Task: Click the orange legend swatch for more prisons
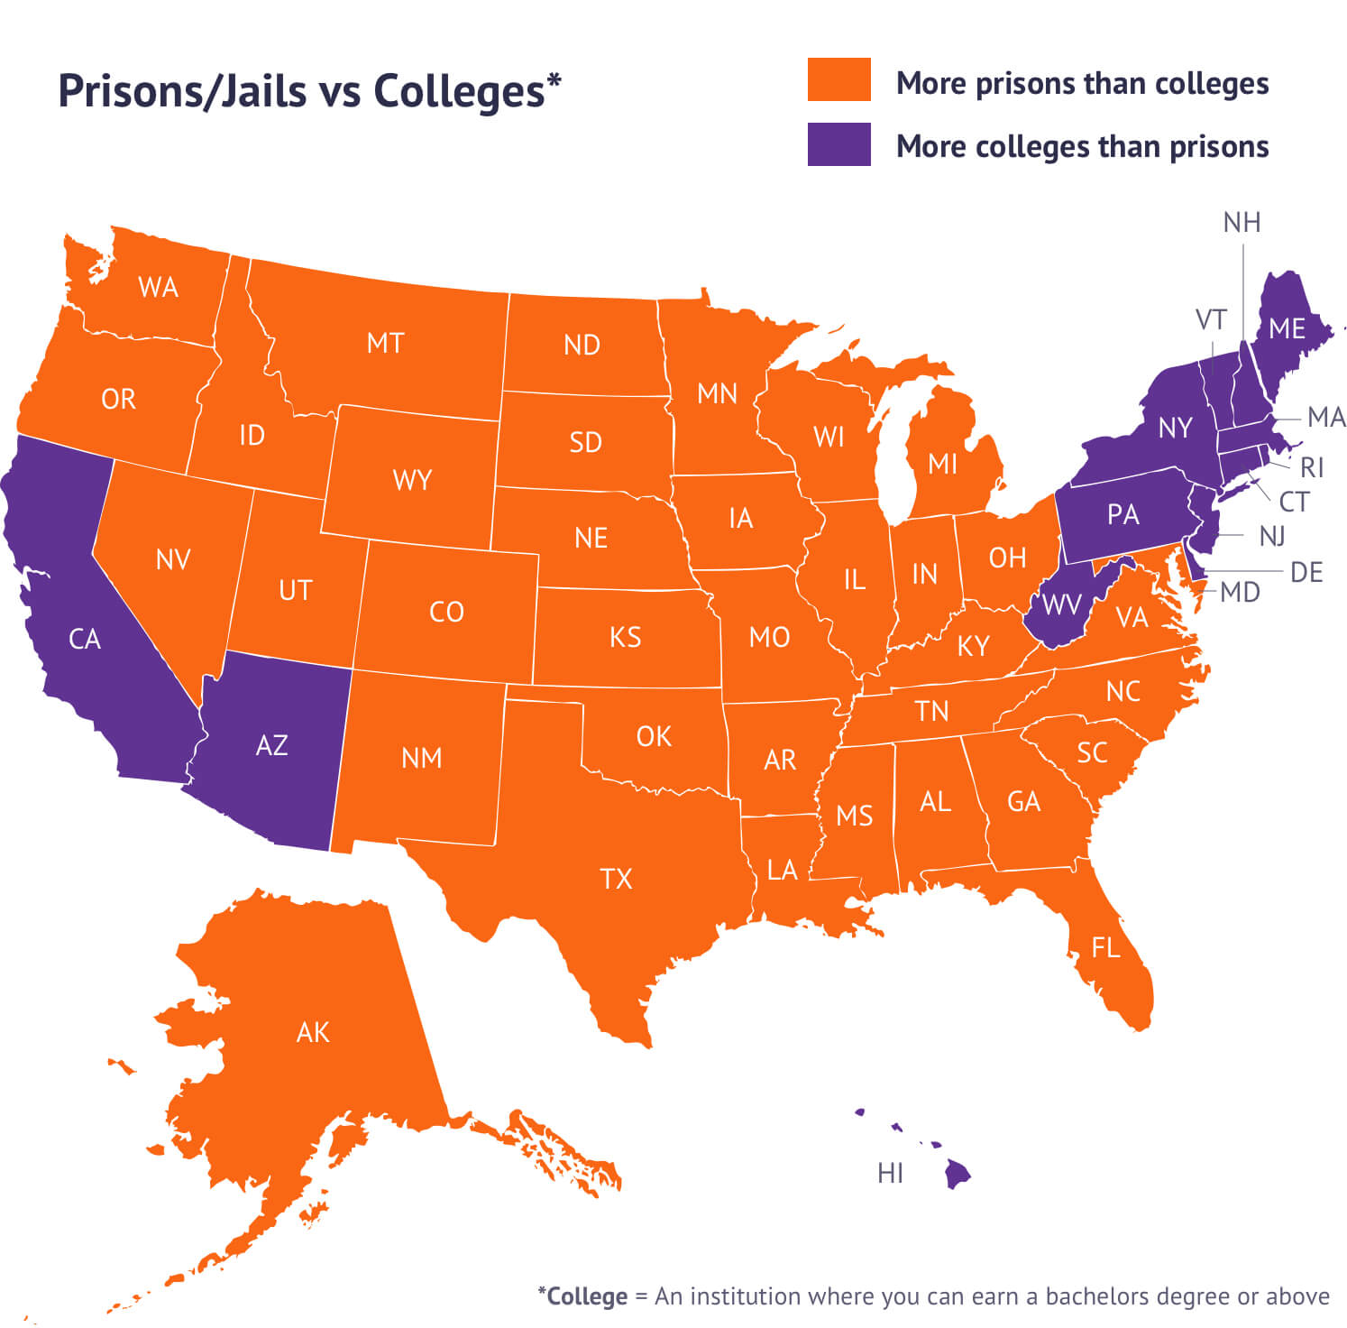tap(838, 79)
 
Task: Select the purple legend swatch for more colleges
tap(838, 144)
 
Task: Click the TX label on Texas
tap(617, 879)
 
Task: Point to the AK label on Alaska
tap(313, 1032)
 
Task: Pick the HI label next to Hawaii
tap(890, 1173)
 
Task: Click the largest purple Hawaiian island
tap(958, 1175)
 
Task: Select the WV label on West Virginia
tap(1061, 604)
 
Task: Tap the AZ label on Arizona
tap(271, 745)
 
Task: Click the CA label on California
tap(85, 639)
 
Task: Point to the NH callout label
tap(1242, 223)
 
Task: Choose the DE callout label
tap(1306, 572)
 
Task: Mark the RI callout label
tap(1312, 467)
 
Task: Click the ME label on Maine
tap(1287, 328)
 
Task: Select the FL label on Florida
tap(1105, 947)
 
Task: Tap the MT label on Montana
tap(385, 344)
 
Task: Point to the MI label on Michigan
tap(942, 464)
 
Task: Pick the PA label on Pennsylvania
tap(1123, 514)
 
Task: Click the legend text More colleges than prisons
tap(1082, 146)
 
